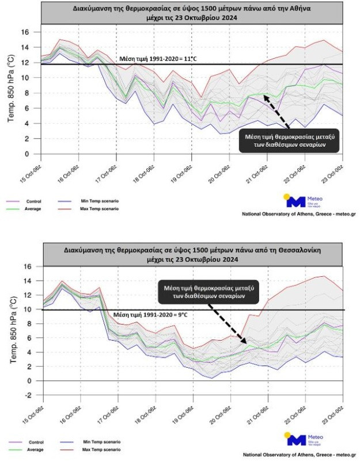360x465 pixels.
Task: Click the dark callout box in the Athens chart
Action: click(289, 141)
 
